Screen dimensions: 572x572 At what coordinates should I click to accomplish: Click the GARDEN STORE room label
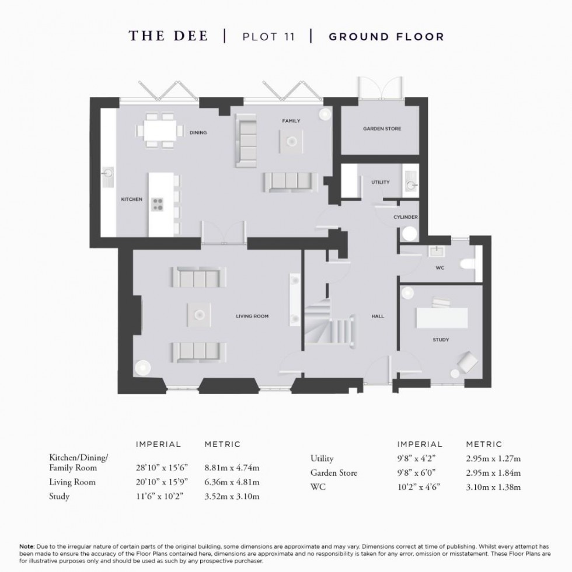click(x=382, y=129)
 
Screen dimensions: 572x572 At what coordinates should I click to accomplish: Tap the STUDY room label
click(x=441, y=340)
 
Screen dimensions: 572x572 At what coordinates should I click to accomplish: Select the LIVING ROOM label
click(x=252, y=316)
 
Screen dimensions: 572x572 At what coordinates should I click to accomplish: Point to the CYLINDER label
click(x=405, y=217)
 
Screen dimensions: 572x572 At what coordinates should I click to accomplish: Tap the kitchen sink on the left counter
click(x=108, y=173)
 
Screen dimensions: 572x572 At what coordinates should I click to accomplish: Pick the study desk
click(x=441, y=318)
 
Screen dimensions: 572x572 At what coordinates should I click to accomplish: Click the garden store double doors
click(x=379, y=88)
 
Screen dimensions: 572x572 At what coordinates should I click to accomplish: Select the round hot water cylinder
click(x=409, y=234)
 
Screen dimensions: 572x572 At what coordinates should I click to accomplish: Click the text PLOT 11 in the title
click(x=268, y=37)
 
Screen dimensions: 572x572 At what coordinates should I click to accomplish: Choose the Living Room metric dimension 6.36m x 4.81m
click(x=232, y=482)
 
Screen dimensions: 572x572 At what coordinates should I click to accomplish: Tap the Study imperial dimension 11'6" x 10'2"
click(x=158, y=497)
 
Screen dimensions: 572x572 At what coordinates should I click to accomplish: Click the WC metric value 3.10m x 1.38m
click(x=493, y=487)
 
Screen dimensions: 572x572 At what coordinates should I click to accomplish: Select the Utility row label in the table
click(x=322, y=459)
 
